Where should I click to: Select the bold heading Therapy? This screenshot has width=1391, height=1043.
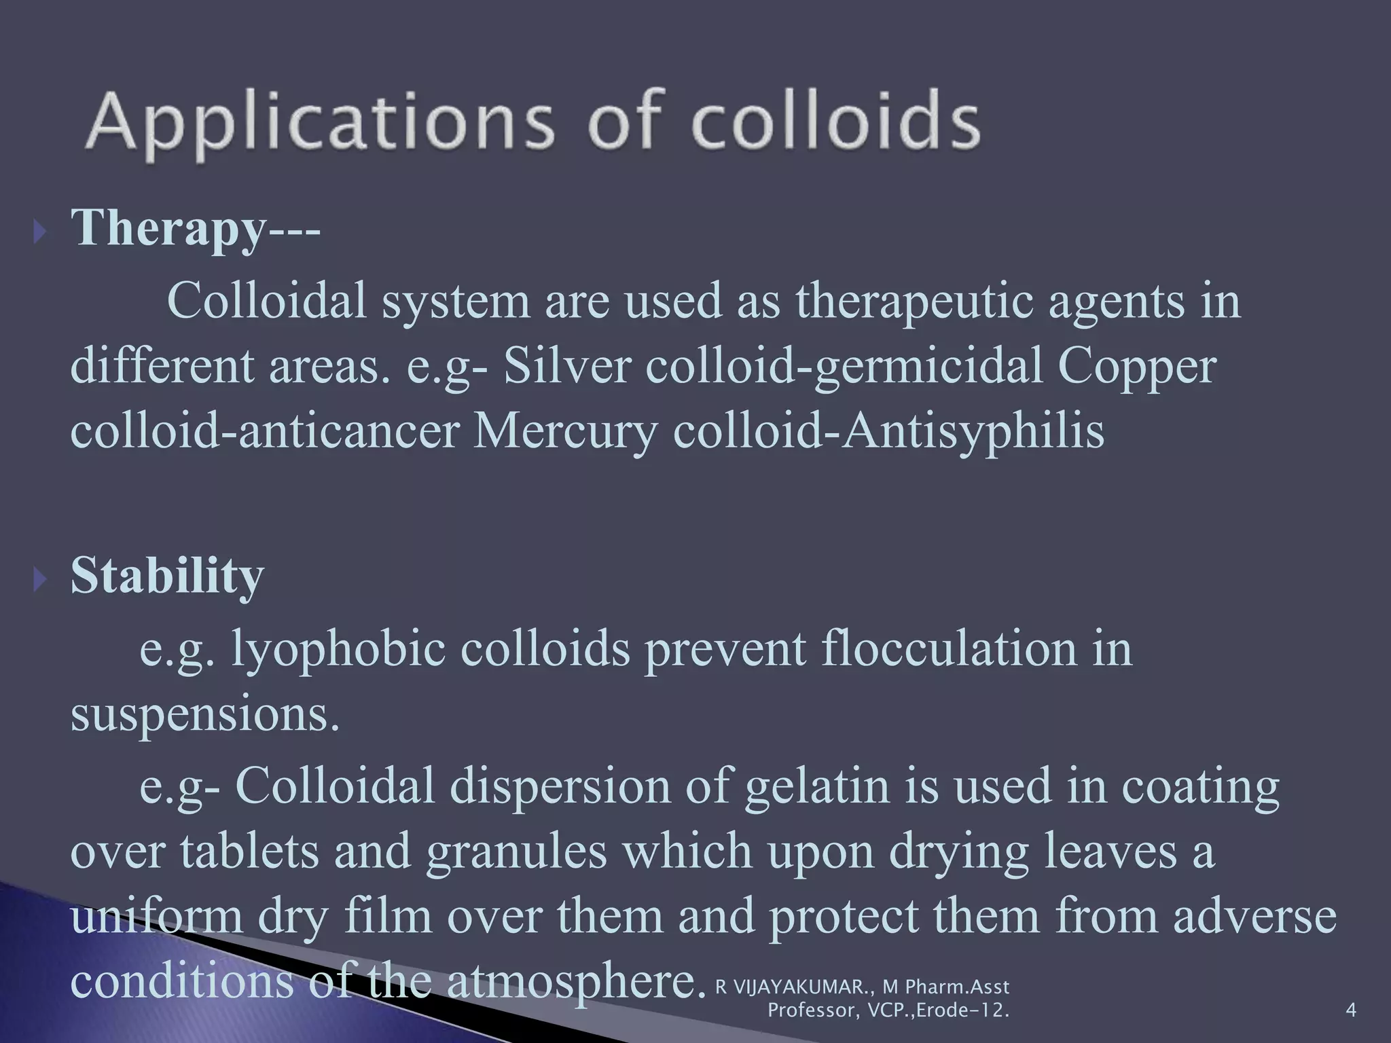click(166, 227)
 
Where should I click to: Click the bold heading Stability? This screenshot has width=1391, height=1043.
click(167, 576)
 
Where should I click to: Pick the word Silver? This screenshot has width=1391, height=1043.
click(567, 367)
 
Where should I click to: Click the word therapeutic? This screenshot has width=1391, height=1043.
click(914, 301)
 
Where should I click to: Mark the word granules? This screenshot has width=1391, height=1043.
click(516, 852)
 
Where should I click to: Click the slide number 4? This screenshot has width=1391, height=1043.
click(1350, 1010)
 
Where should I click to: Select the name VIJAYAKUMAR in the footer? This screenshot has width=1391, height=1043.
click(805, 987)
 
